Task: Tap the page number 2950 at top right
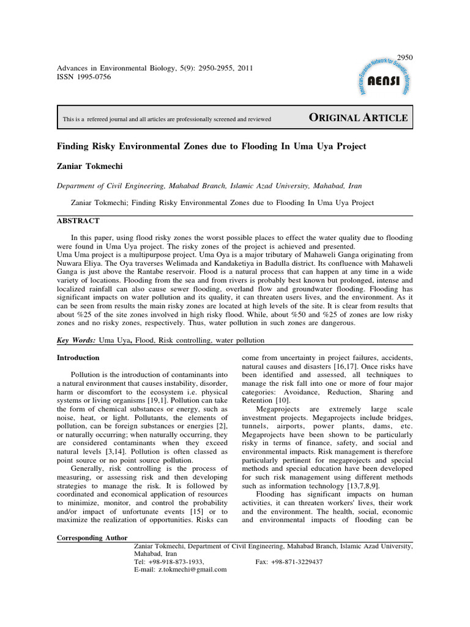[406, 58]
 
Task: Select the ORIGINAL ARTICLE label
[358, 118]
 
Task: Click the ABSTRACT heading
[78, 220]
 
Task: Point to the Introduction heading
[78, 358]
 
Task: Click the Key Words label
[75, 340]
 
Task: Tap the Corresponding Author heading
[92, 538]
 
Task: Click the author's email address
[192, 569]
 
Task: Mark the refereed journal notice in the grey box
[166, 119]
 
